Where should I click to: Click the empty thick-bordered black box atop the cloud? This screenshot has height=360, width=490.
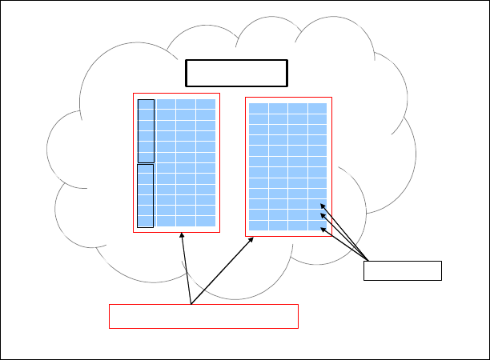click(x=236, y=72)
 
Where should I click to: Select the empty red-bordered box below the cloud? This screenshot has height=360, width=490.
click(x=203, y=316)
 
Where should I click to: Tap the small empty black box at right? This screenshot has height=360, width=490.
click(x=402, y=271)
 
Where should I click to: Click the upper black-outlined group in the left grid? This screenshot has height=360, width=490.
click(x=146, y=131)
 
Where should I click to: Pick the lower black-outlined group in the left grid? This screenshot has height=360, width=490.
click(x=146, y=195)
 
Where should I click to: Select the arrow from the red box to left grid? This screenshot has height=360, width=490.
click(x=187, y=269)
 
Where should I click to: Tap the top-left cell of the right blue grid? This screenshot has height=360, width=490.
click(x=258, y=108)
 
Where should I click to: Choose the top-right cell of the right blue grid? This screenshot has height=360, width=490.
click(x=317, y=108)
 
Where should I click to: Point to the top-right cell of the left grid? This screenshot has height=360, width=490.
click(x=206, y=104)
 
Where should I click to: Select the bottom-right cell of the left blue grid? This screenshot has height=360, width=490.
click(x=206, y=221)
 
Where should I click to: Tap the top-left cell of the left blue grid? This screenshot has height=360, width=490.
click(x=146, y=104)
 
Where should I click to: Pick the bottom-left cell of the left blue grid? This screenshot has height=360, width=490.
click(x=146, y=221)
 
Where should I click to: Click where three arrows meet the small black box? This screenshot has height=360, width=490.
click(x=367, y=260)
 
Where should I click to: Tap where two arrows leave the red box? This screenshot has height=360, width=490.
click(x=191, y=304)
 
